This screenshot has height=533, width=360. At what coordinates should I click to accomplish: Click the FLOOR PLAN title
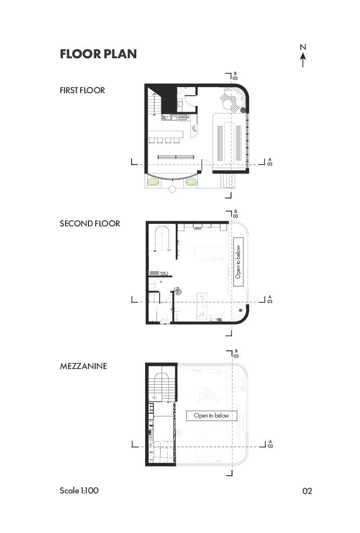pos(98,54)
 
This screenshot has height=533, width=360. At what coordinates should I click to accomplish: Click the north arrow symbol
pos(303,56)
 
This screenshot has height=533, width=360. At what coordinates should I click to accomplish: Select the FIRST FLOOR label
pos(82,90)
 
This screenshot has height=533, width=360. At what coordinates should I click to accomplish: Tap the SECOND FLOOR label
pos(90,223)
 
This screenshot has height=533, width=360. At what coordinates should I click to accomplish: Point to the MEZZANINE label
pos(83,366)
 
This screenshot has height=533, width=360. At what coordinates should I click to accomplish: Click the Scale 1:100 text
pos(79,490)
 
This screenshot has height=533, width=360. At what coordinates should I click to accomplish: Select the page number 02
pos(307,491)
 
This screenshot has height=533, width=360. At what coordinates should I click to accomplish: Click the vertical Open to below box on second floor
pos(239,262)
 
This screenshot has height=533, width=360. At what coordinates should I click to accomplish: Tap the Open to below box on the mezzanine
pos(211,415)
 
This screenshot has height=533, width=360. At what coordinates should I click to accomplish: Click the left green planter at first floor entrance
pos(153,182)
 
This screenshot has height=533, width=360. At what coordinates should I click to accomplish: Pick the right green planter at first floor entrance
pos(192,182)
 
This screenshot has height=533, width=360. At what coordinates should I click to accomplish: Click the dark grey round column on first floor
pos(242,110)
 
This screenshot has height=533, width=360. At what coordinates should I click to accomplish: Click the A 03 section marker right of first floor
pos(269,161)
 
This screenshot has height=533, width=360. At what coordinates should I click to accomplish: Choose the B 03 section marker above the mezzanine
pos(236,353)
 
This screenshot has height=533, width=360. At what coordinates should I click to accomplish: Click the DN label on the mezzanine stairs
pos(169,402)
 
